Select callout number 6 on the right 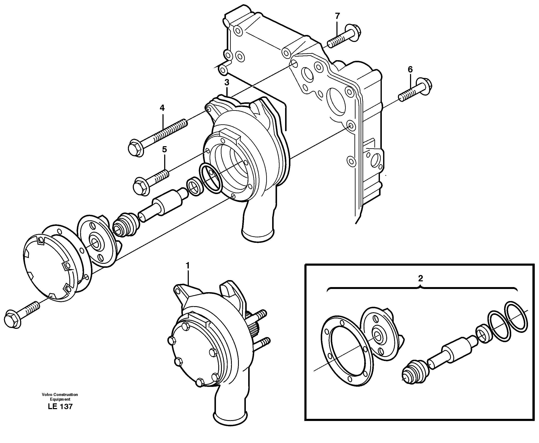pyautogui.click(x=410, y=69)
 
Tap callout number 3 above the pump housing pyautogui.click(x=227, y=83)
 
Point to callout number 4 pyautogui.click(x=162, y=108)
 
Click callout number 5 pyautogui.click(x=164, y=150)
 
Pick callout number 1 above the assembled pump pyautogui.click(x=188, y=266)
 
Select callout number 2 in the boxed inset pyautogui.click(x=420, y=278)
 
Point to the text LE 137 pyautogui.click(x=60, y=407)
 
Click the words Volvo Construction pyautogui.click(x=60, y=394)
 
